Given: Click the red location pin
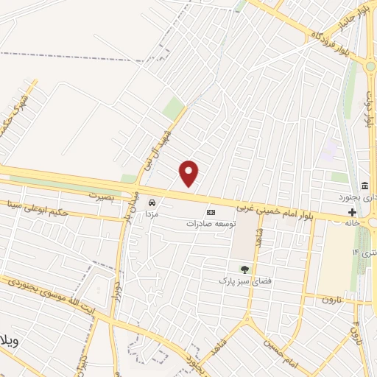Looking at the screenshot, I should coord(189,173).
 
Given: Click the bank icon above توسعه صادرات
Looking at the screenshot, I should coord(211,211).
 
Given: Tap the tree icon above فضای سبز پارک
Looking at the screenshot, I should coord(244,269).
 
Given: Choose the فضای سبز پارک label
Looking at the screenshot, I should coord(240,281).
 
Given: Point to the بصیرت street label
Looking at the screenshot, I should coord(103,196).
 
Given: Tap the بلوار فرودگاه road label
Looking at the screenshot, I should coord(315,37).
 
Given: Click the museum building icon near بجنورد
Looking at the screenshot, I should coord(364,185).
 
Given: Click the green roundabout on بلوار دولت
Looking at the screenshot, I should coord(370,66).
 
